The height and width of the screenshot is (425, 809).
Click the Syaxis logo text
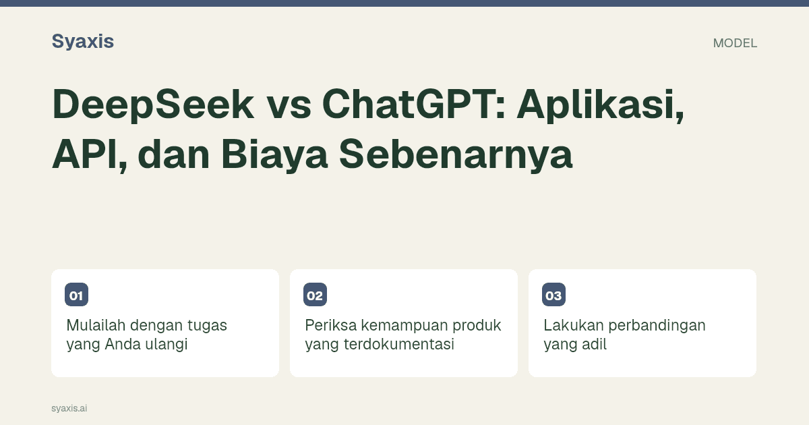pyautogui.click(x=83, y=42)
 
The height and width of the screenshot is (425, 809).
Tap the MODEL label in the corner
pyautogui.click(x=735, y=43)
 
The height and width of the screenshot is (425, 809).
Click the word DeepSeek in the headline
pyautogui.click(x=153, y=105)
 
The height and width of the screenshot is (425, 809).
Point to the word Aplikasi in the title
pyautogui.click(x=601, y=105)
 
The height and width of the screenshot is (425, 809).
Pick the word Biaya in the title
pyautogui.click(x=274, y=154)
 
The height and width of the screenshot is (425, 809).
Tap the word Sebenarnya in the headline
pyautogui.click(x=456, y=154)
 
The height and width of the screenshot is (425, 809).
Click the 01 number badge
pyautogui.click(x=77, y=295)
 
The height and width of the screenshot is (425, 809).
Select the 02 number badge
pyautogui.click(x=315, y=295)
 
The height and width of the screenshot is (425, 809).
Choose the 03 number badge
pyautogui.click(x=553, y=295)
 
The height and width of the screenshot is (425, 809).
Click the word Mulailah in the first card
pyautogui.click(x=96, y=325)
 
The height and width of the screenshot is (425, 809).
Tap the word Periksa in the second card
pyautogui.click(x=330, y=325)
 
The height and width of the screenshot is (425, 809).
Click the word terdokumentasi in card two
pyautogui.click(x=398, y=344)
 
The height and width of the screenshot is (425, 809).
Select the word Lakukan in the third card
pyautogui.click(x=574, y=325)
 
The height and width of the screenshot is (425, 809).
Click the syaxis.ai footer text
pyautogui.click(x=69, y=408)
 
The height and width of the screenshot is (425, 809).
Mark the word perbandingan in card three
pyautogui.click(x=657, y=326)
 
